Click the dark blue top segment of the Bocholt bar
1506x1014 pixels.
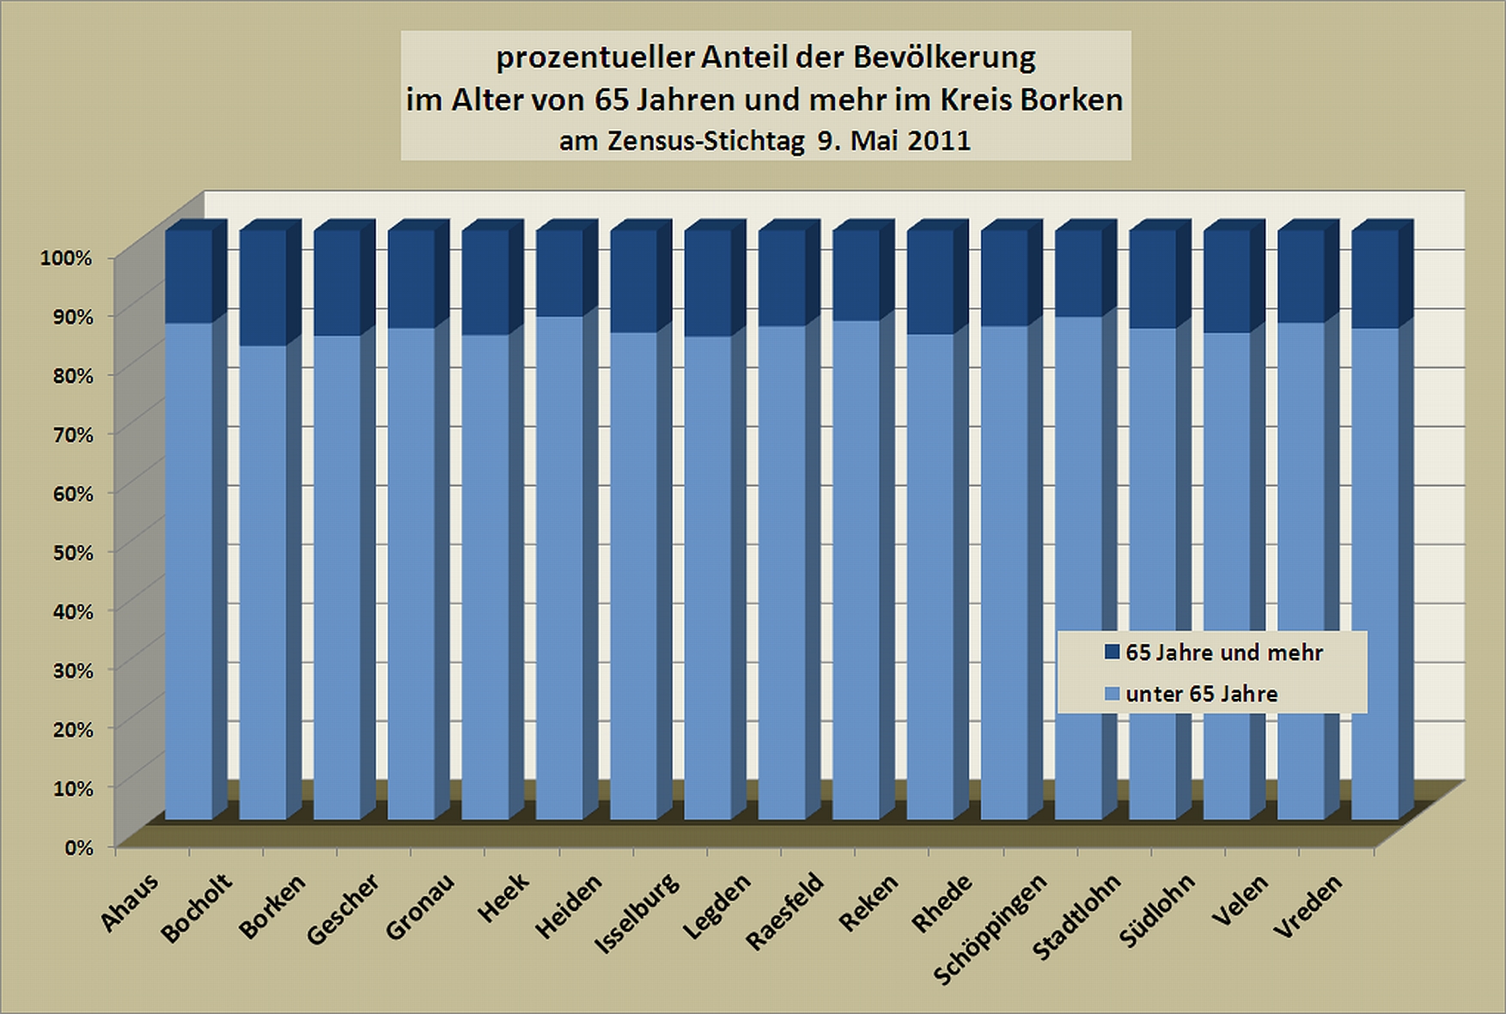coord(263,288)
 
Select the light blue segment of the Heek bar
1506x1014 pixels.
coord(559,567)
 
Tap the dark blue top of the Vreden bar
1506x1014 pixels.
coord(1375,279)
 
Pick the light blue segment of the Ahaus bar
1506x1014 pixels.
coord(188,571)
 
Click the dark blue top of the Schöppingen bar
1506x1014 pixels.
coord(1078,273)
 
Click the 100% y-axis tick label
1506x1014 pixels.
coord(66,258)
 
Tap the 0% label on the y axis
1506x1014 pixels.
coord(78,847)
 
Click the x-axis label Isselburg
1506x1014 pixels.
coord(637,912)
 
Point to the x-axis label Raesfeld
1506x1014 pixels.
coord(783,910)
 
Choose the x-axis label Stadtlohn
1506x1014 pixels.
coord(1076,916)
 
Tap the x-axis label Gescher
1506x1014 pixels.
coord(342,908)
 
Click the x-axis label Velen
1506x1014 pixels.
coord(1240,900)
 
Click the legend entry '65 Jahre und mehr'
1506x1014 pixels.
coord(1223,653)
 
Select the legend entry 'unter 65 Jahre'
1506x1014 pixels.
coord(1201,695)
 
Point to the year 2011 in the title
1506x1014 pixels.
coord(938,140)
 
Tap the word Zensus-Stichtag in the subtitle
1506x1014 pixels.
coord(706,140)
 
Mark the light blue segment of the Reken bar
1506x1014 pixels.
coord(930,575)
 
